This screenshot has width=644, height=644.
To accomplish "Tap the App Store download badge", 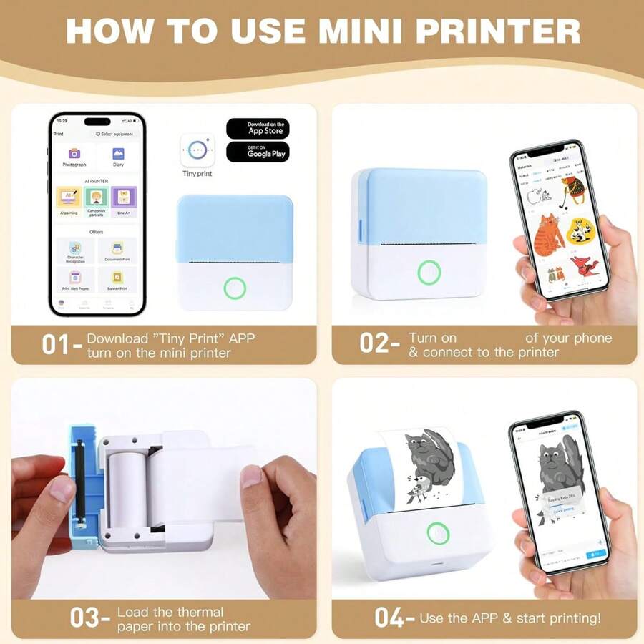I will click(x=258, y=129).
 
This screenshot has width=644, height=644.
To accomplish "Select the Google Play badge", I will click(x=258, y=152).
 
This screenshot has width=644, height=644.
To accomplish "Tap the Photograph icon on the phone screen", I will click(x=74, y=154).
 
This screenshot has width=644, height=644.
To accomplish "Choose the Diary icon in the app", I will click(x=118, y=154).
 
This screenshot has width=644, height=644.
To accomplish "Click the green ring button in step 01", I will click(x=235, y=288).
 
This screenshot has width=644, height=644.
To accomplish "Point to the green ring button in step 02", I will click(x=429, y=273).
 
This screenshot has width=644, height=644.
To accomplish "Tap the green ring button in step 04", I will click(x=436, y=532).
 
